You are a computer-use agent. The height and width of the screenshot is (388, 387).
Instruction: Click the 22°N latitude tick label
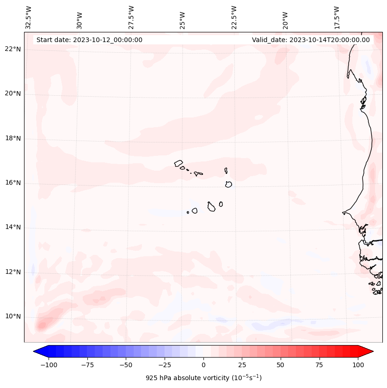click(13, 49)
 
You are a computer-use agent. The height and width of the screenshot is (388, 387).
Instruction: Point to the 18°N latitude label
click(13, 138)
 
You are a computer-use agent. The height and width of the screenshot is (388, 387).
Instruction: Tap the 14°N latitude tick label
click(13, 227)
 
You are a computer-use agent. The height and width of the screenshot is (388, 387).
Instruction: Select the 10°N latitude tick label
click(13, 316)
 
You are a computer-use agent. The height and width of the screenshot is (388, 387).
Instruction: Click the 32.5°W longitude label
click(29, 18)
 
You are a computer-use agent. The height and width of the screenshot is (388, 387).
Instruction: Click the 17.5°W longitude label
click(337, 18)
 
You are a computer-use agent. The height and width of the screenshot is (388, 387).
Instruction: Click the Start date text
click(89, 40)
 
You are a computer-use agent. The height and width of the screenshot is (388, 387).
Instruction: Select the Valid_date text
click(311, 40)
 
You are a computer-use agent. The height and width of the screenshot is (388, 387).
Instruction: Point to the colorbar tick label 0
click(203, 365)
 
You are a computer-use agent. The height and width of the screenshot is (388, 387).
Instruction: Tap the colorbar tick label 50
click(281, 365)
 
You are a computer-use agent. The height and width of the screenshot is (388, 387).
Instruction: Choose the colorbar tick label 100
click(357, 365)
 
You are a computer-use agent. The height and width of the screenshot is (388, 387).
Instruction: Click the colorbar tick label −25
click(165, 365)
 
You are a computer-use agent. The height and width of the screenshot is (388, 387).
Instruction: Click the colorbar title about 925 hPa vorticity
click(203, 378)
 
